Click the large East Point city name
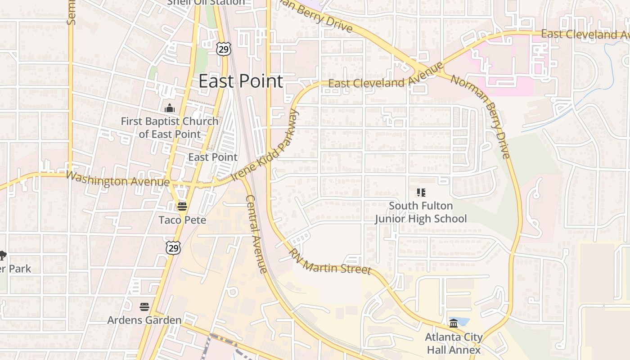pos(241,81)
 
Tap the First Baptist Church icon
pos(170,108)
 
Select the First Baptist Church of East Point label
pos(170,127)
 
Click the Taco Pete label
pos(182,220)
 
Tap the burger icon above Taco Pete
pos(182,207)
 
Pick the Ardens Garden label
pos(144,320)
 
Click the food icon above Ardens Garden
pos(144,307)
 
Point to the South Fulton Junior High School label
pos(421,212)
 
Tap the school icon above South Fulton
pos(421,193)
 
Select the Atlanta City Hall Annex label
pos(454,343)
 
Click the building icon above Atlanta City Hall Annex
pos(454,323)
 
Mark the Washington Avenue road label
pos(117,179)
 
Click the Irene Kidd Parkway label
pos(266,145)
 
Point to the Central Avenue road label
pos(257,234)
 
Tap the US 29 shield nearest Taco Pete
pos(173,247)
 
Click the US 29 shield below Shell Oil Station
pos(224,49)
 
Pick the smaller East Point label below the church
pos(213,157)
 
